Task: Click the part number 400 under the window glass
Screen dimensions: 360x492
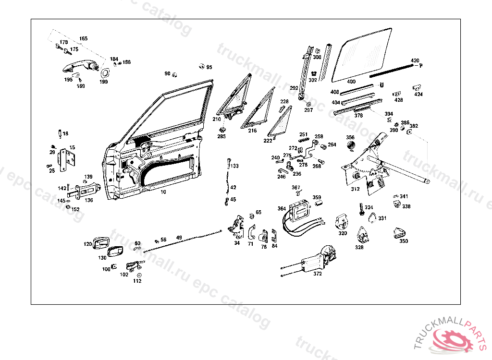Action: point(351,82)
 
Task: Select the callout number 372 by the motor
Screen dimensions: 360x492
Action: point(318,274)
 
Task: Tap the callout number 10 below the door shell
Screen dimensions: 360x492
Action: point(163,192)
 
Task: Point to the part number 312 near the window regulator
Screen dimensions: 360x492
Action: point(355,189)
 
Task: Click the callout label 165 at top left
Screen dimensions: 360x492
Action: point(84,38)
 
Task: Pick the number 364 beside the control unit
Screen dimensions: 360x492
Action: point(282,208)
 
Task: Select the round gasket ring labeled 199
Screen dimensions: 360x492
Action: point(103,73)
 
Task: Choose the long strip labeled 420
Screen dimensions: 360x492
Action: point(390,71)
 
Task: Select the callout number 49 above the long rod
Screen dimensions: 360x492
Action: point(179,238)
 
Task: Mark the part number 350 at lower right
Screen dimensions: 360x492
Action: point(404,241)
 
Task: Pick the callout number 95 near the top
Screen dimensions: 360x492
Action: point(209,67)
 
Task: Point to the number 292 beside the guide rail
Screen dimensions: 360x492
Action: point(294,88)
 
